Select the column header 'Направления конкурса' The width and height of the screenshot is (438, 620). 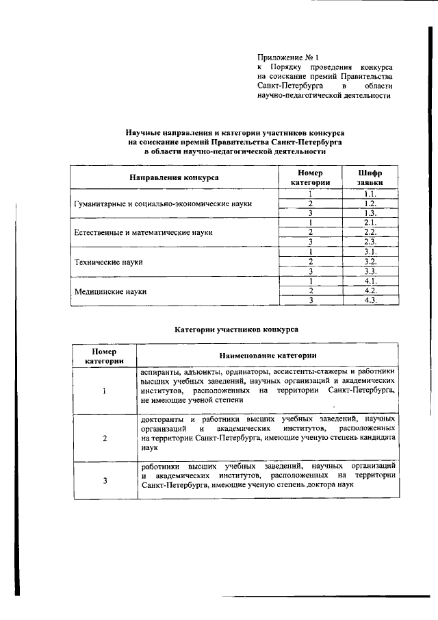tap(175, 177)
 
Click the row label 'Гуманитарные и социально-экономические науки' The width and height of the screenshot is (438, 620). tap(164, 204)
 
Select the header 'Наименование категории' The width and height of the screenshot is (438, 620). tap(268, 356)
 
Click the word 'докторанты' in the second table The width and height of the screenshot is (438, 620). tap(159, 418)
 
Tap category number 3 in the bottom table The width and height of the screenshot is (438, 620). tap(105, 480)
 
